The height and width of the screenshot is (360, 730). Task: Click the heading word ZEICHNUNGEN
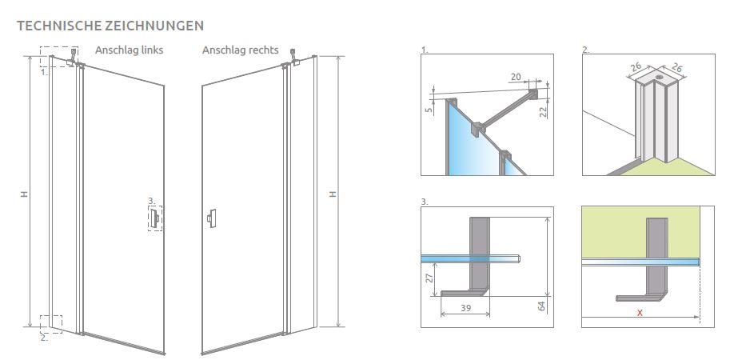(154, 26)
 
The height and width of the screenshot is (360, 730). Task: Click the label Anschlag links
(129, 50)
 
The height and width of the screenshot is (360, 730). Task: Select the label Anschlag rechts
(240, 50)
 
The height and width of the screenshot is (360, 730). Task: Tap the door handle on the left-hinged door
(154, 218)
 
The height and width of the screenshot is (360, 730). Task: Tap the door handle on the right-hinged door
(212, 218)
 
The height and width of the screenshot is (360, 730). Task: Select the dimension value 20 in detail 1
(516, 77)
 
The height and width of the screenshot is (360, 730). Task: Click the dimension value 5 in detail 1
(429, 110)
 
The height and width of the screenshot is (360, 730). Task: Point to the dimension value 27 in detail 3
(429, 278)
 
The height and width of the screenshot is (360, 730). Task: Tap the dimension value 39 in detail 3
(465, 308)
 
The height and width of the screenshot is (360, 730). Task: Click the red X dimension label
(640, 313)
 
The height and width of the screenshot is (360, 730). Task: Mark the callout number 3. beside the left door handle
(151, 201)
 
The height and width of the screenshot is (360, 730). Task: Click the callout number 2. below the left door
(44, 338)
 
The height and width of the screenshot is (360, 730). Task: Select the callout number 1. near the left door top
(44, 72)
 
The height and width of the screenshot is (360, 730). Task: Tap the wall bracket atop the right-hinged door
(293, 57)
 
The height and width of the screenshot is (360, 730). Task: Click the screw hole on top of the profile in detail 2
(659, 78)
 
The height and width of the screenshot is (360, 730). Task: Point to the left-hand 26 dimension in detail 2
(637, 68)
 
